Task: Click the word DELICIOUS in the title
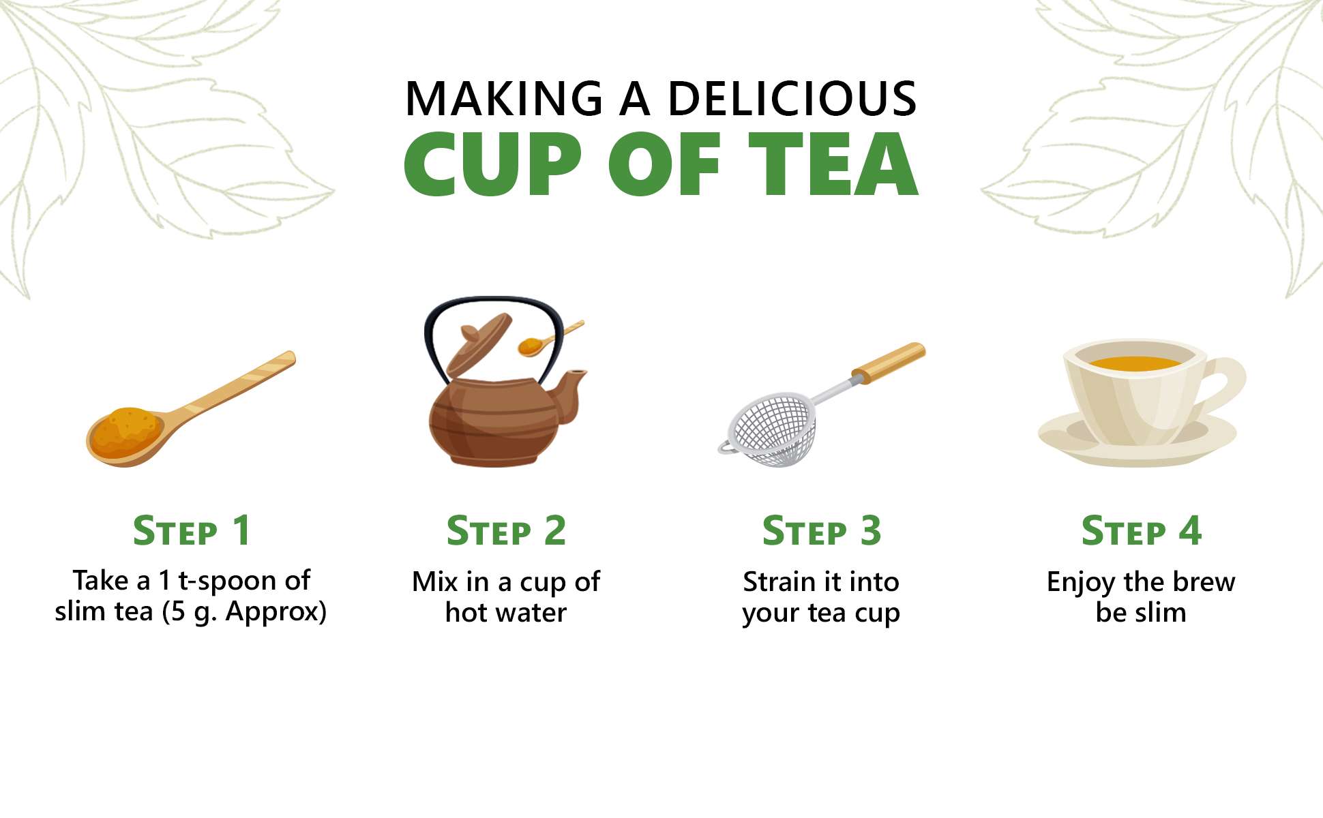click(792, 99)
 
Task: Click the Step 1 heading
click(192, 530)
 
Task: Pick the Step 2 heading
click(506, 530)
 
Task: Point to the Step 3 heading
click(822, 530)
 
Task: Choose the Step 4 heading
click(1141, 530)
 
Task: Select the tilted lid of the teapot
click(478, 347)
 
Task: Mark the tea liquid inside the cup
click(1135, 363)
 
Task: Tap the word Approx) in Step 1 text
click(276, 611)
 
